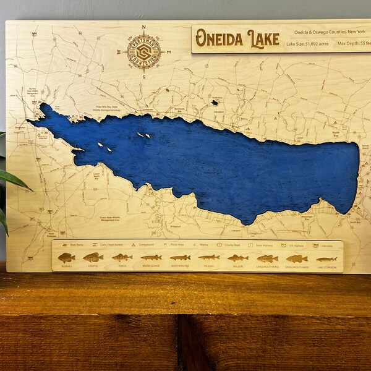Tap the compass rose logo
[x=143, y=51]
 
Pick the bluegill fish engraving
[x=66, y=257]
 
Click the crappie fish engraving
[x=93, y=257]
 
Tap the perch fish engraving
[x=122, y=257]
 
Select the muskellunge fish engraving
[x=151, y=257]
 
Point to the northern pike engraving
[x=180, y=257]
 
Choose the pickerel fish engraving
[x=209, y=257]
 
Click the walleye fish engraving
[x=237, y=257]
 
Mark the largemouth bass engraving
[x=267, y=258]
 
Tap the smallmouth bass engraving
[x=297, y=258]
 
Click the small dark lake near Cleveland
[x=215, y=102]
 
